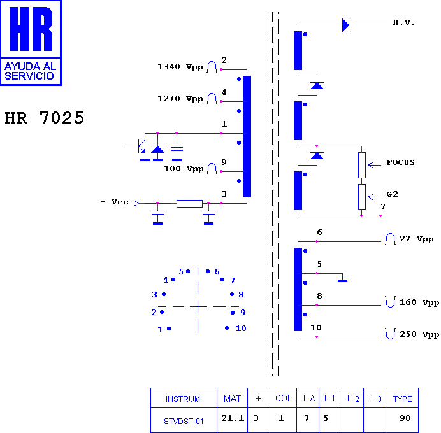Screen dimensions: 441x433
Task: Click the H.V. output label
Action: pyautogui.click(x=403, y=22)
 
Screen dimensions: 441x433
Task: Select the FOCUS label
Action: pyautogui.click(x=400, y=162)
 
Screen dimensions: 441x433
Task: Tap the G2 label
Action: pyautogui.click(x=392, y=194)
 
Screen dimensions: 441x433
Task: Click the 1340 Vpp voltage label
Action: pyautogui.click(x=180, y=67)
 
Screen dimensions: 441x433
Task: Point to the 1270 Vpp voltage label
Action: pyautogui.click(x=180, y=99)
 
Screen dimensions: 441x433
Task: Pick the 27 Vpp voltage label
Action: pyautogui.click(x=417, y=239)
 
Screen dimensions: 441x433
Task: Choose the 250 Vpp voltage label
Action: pyautogui.click(x=419, y=334)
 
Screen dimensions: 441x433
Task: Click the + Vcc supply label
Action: pyautogui.click(x=114, y=202)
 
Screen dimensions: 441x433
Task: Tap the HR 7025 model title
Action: pyautogui.click(x=45, y=118)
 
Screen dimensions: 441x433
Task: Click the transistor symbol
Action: pyautogui.click(x=140, y=146)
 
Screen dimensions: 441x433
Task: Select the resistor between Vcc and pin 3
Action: pyautogui.click(x=189, y=204)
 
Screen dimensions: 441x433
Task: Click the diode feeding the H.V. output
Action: pyautogui.click(x=345, y=25)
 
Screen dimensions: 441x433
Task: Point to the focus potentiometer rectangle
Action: pyautogui.click(x=362, y=165)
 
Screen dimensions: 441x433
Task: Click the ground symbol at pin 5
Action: pyautogui.click(x=342, y=281)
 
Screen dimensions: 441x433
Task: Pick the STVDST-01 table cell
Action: pyautogui.click(x=184, y=421)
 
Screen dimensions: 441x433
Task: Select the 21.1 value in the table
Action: pyautogui.click(x=233, y=418)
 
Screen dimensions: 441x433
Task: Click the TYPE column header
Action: pyautogui.click(x=403, y=399)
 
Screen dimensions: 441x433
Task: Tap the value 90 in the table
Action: pyautogui.click(x=405, y=418)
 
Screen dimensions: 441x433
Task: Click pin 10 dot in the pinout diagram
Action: pyautogui.click(x=227, y=328)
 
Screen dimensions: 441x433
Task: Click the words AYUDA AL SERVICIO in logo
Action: pyautogui.click(x=31, y=71)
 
